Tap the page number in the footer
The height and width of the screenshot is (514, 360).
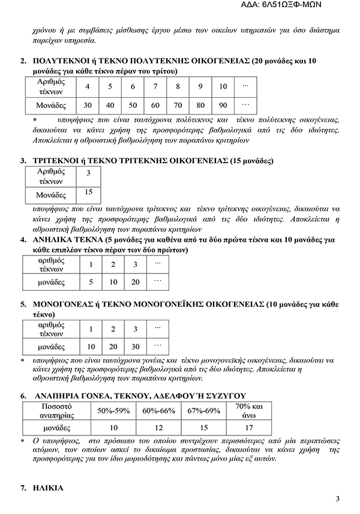click(338, 499)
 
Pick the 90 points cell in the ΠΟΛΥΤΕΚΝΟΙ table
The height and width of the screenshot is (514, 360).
click(223, 106)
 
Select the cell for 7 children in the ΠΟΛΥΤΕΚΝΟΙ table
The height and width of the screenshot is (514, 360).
click(155, 87)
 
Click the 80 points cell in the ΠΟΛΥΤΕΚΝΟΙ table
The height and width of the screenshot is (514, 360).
click(200, 106)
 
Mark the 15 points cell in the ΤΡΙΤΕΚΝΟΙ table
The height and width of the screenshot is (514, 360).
click(88, 193)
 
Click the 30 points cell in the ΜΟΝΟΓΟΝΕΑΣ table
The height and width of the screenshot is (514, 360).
click(136, 347)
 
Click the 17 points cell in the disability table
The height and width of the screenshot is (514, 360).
click(245, 429)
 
